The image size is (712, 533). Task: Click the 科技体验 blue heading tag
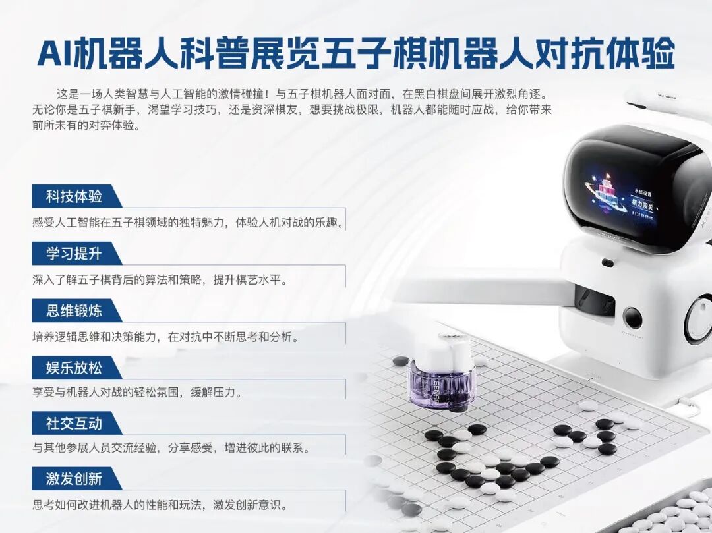click(x=74, y=196)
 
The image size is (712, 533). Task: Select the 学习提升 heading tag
click(x=74, y=254)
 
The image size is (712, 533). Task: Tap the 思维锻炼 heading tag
click(x=74, y=311)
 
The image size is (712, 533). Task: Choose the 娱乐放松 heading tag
click(x=74, y=368)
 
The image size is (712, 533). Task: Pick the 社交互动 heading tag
click(x=74, y=423)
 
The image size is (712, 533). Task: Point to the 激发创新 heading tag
click(x=74, y=479)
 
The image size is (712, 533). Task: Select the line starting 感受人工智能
click(x=188, y=223)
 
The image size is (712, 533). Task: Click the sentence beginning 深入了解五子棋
click(x=161, y=279)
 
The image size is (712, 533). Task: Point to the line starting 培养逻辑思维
click(x=165, y=337)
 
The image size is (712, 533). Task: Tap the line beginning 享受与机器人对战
click(x=137, y=393)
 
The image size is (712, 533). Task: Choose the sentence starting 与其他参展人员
click(x=171, y=448)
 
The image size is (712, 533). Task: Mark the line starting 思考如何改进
click(x=160, y=505)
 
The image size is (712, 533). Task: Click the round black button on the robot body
click(x=632, y=318)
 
